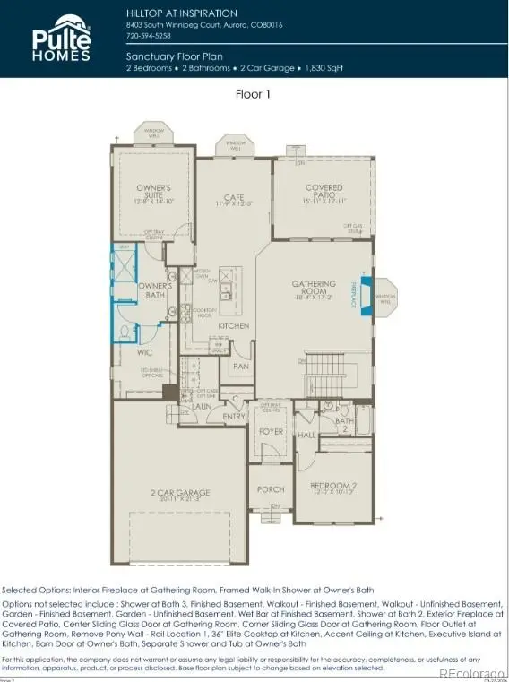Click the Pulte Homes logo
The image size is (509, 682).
pyautogui.click(x=62, y=39)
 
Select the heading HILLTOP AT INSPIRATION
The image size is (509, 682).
pyautogui.click(x=182, y=13)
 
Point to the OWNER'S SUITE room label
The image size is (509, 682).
pyautogui.click(x=153, y=191)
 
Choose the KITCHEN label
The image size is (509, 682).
pyautogui.click(x=234, y=326)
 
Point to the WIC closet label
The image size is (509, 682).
pyautogui.click(x=145, y=353)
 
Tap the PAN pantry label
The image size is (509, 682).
pyautogui.click(x=240, y=366)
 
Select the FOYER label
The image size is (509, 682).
pyautogui.click(x=272, y=430)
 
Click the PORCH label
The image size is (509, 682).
pyautogui.click(x=271, y=489)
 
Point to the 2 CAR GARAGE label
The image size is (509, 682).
pyautogui.click(x=180, y=493)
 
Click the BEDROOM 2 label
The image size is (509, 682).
pyautogui.click(x=332, y=488)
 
